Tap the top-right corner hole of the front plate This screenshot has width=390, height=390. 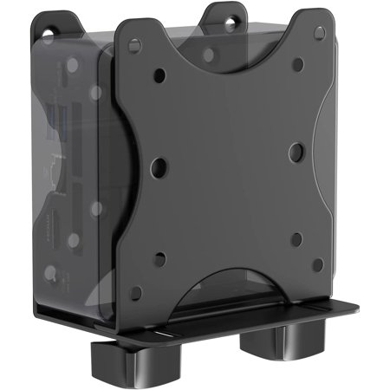[x=320, y=32]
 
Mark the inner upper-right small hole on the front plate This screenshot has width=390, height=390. [x=298, y=66]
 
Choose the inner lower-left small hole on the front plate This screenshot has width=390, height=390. [x=159, y=257]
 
